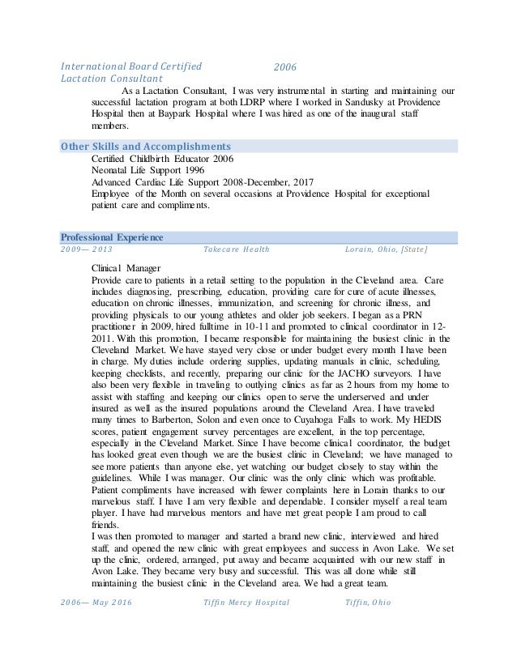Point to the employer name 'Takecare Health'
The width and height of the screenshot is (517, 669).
[237, 249]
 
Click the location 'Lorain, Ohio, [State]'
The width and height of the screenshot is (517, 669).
[386, 249]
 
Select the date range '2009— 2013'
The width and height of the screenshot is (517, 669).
[87, 249]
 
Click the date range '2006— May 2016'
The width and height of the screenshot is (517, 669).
[96, 603]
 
